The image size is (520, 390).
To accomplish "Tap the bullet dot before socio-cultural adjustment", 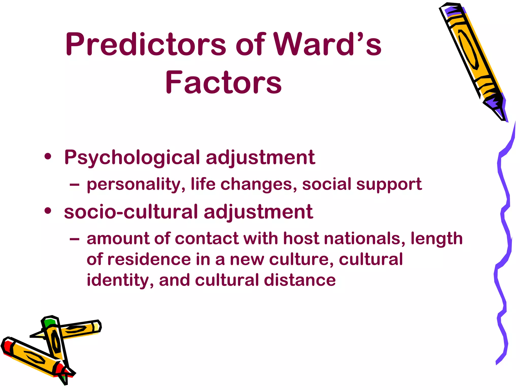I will click(48, 210).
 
